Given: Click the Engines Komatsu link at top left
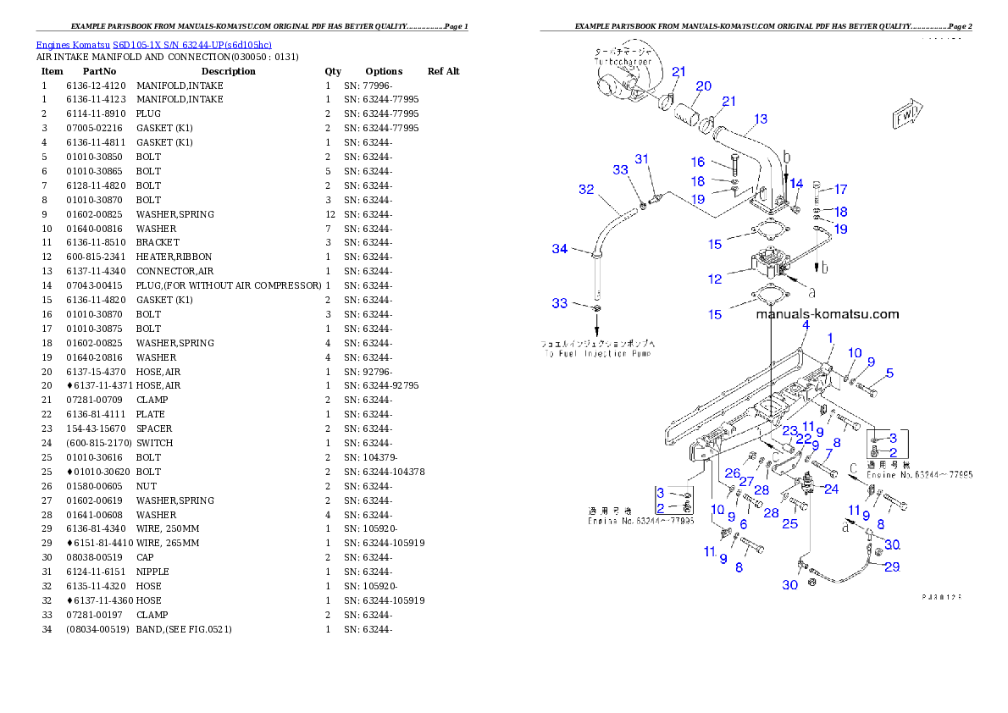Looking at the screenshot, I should [153, 45].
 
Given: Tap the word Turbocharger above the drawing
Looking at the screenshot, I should [623, 63].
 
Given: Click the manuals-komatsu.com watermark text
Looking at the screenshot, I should [828, 314].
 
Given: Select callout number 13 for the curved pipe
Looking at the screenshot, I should [760, 119].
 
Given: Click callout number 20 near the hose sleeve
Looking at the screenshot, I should [703, 86].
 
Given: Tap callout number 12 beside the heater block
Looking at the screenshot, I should [716, 279].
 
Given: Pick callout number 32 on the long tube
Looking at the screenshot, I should [586, 190].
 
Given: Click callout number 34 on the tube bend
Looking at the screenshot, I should [559, 249].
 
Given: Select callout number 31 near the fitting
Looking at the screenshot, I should [642, 159].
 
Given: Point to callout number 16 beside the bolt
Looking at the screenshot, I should [697, 162].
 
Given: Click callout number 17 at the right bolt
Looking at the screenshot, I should [840, 190].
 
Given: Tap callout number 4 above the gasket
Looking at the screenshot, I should [806, 325].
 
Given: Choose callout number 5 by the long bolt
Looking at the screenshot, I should [889, 373].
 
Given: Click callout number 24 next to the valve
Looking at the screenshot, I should [831, 489].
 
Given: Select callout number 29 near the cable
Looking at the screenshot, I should [892, 567].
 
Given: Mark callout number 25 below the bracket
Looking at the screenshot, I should [789, 524].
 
